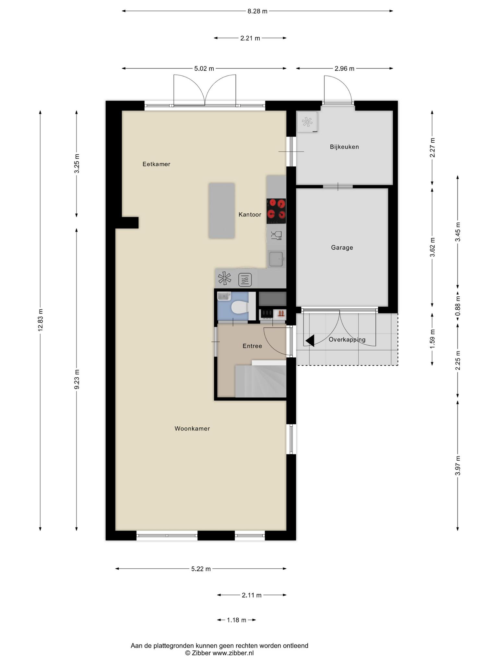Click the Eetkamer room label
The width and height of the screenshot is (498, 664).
tap(156, 164)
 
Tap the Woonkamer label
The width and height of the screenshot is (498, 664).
tap(192, 429)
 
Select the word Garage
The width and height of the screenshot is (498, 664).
tap(342, 248)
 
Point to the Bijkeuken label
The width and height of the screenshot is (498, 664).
tap(344, 147)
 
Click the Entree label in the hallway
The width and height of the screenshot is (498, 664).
tap(252, 346)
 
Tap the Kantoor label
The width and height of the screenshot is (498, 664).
tap(250, 215)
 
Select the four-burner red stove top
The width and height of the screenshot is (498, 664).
tap(276, 211)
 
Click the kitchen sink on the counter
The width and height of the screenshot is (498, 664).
tap(276, 259)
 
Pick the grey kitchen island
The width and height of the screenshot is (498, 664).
tap(221, 211)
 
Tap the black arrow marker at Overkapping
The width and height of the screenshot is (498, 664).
tap(310, 340)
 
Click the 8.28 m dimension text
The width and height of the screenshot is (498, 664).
tap(257, 11)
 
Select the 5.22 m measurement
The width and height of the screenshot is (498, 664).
tap(201, 569)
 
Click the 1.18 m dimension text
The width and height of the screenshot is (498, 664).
tap(236, 620)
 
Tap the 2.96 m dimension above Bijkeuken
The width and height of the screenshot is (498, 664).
tap(344, 68)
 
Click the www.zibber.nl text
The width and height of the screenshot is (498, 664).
tap(233, 653)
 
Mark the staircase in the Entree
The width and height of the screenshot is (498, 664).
tap(261, 379)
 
